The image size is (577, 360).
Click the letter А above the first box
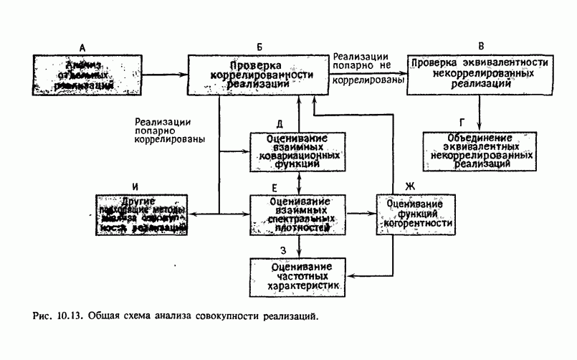click(82, 47)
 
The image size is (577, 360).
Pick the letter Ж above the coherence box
click(409, 186)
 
